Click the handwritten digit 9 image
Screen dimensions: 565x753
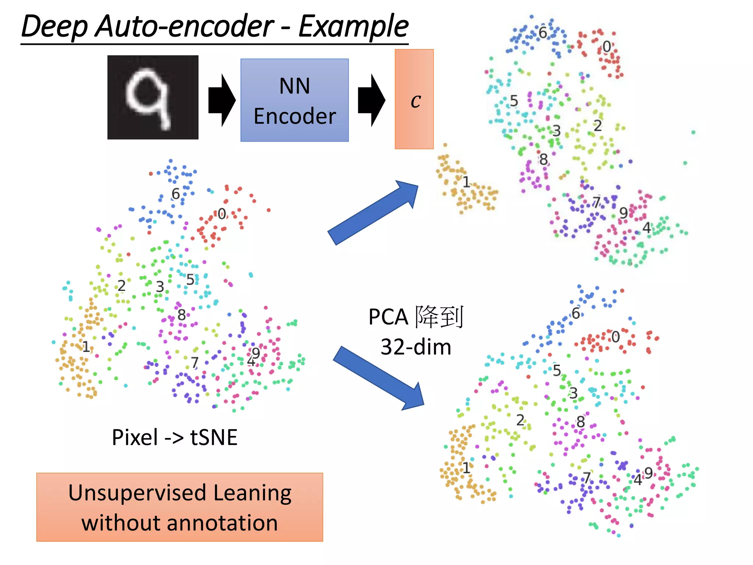pyautogui.click(x=153, y=97)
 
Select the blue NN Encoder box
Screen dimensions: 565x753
pyautogui.click(x=295, y=100)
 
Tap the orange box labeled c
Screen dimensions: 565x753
pyautogui.click(x=414, y=99)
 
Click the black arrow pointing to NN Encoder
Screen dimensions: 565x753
pyautogui.click(x=221, y=100)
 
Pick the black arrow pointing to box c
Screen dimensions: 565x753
pyautogui.click(x=371, y=100)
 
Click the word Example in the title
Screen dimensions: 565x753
pyautogui.click(x=353, y=26)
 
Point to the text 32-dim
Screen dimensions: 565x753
pyautogui.click(x=416, y=347)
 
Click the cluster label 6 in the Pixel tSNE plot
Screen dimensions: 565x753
pyautogui.click(x=176, y=194)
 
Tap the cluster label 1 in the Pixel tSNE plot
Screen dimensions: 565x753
pyautogui.click(x=86, y=347)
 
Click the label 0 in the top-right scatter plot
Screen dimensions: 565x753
pyautogui.click(x=607, y=47)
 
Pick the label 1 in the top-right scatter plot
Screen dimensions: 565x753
pyautogui.click(x=466, y=182)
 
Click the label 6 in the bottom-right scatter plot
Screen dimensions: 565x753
pyautogui.click(x=576, y=313)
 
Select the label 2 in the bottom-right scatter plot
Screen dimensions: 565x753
pyautogui.click(x=520, y=420)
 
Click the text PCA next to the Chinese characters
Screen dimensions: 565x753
pyautogui.click(x=388, y=317)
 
